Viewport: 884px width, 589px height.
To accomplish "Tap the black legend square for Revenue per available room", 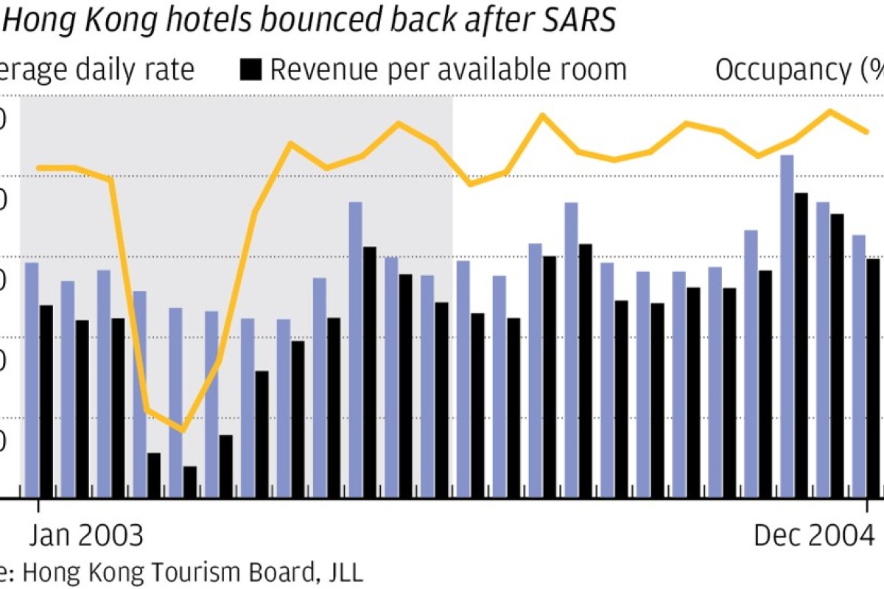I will pyautogui.click(x=251, y=69).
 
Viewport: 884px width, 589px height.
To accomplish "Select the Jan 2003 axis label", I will pyautogui.click(x=86, y=535).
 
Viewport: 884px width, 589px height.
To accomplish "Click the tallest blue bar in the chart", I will pyautogui.click(x=787, y=324).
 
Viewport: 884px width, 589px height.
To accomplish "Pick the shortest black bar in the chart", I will pyautogui.click(x=190, y=482).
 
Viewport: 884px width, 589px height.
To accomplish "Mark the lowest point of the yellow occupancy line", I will pyautogui.click(x=182, y=430).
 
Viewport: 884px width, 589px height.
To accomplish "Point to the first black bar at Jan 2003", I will pyautogui.click(x=46, y=401).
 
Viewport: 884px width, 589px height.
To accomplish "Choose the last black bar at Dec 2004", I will pyautogui.click(x=873, y=378).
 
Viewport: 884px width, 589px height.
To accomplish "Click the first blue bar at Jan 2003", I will pyautogui.click(x=32, y=379).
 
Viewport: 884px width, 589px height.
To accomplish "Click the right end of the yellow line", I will pyautogui.click(x=867, y=132).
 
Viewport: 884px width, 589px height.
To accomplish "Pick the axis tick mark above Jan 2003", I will pyautogui.click(x=38, y=507).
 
